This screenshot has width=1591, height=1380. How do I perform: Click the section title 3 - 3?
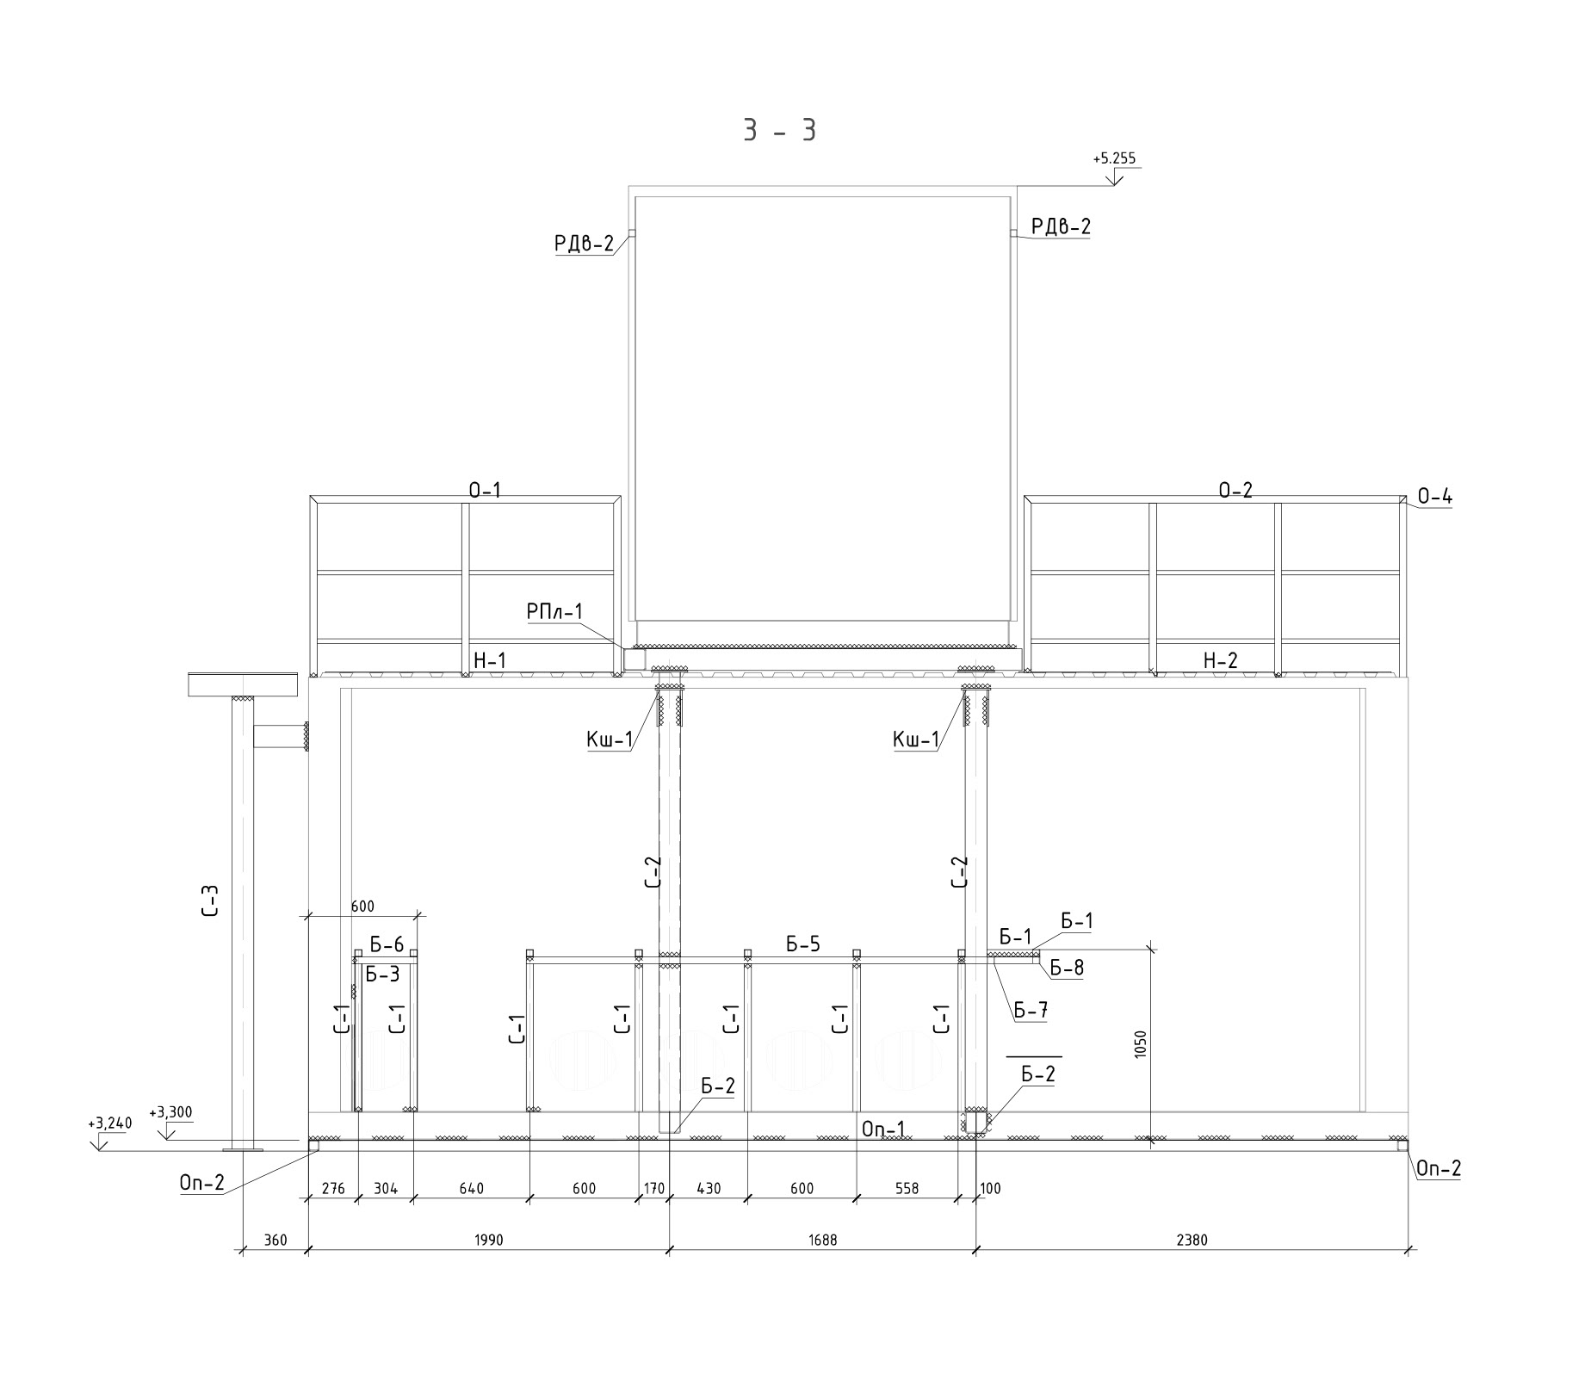[779, 130]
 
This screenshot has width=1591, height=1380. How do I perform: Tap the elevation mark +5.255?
[1114, 158]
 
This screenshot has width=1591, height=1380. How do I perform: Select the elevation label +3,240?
[109, 1123]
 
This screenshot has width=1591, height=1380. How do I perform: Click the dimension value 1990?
[488, 1240]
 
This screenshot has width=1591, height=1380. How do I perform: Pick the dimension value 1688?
[822, 1240]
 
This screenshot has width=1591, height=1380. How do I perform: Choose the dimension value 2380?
[1192, 1240]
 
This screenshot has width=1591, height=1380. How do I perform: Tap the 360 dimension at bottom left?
[275, 1240]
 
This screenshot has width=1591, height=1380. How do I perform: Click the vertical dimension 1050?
[1141, 1044]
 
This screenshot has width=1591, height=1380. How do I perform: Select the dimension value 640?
[471, 1189]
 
